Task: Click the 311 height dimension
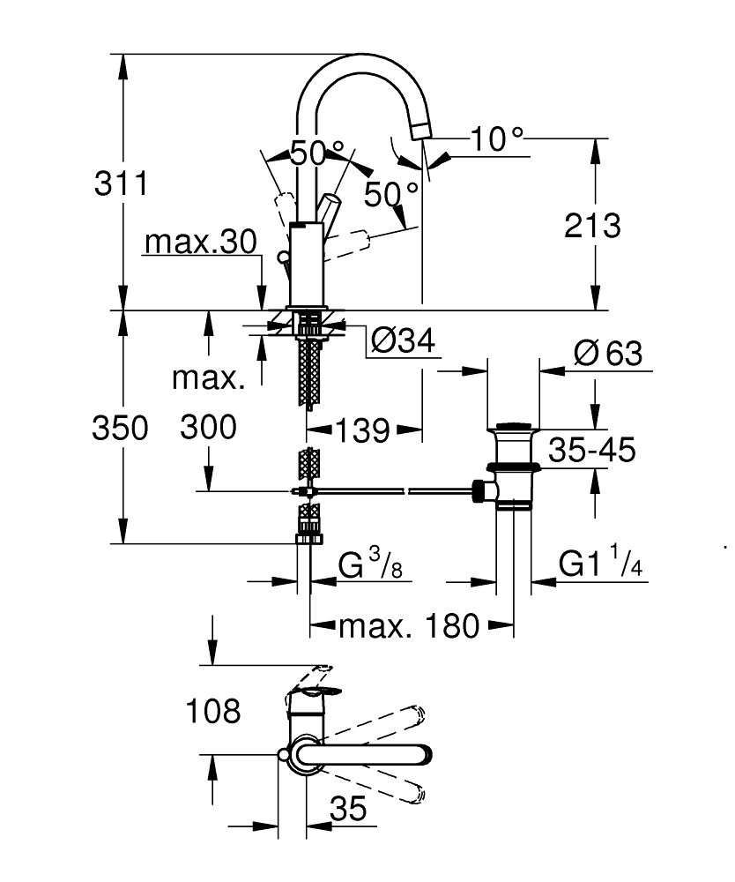pos(121,183)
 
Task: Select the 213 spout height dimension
pos(592,226)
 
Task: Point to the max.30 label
pos(201,242)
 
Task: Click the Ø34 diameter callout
pos(403,340)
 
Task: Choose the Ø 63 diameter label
pos(608,354)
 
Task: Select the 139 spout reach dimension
pos(362,431)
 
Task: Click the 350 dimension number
pos(120,428)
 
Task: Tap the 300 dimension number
pos(208,427)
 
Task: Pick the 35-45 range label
pos(591,450)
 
